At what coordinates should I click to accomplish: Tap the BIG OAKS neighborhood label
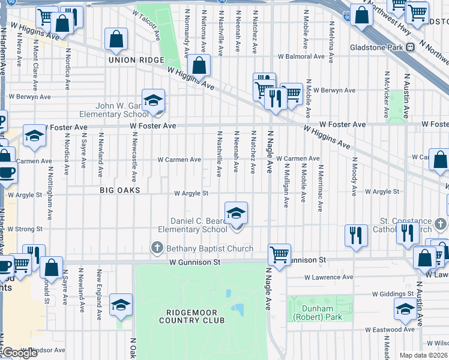pyautogui.click(x=120, y=190)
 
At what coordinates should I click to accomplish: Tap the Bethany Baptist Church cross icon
pyautogui.click(x=157, y=248)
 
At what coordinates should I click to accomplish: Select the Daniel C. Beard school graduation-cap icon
pyautogui.click(x=236, y=212)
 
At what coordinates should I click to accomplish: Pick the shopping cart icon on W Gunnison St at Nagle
pyautogui.click(x=280, y=254)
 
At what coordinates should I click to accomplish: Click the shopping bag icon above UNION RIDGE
pyautogui.click(x=116, y=40)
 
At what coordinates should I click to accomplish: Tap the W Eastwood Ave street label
pyautogui.click(x=394, y=329)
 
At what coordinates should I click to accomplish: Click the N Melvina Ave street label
pyautogui.click(x=331, y=40)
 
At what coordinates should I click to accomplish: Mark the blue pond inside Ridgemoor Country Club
pyautogui.click(x=238, y=310)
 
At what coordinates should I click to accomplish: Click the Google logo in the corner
pyautogui.click(x=20, y=353)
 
